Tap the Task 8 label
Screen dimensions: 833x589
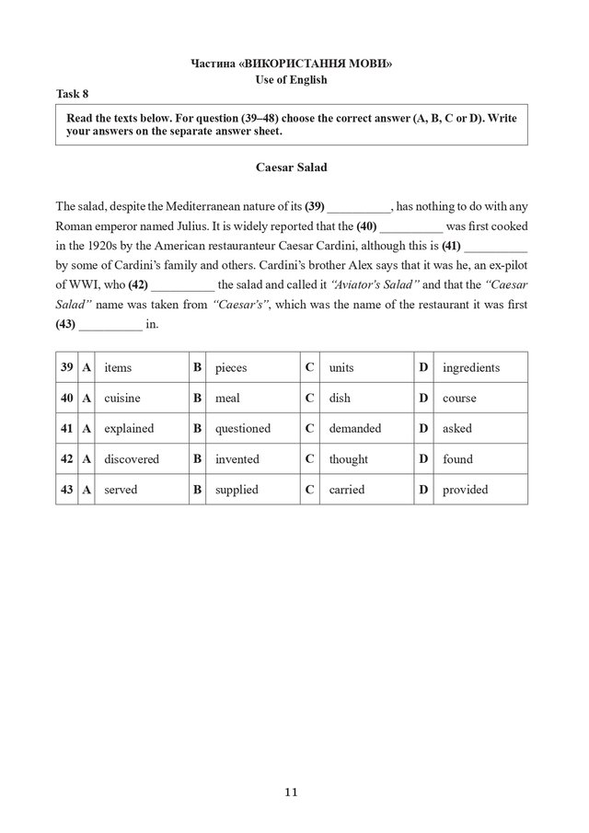point(73,94)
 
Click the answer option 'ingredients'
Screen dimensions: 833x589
point(470,367)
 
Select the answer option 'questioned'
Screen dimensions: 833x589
point(243,428)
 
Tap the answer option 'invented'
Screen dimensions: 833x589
point(237,458)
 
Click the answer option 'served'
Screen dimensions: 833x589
point(121,490)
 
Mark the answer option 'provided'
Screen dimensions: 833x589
point(465,490)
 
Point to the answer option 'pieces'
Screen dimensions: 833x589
point(231,367)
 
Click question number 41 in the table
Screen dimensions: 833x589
point(66,428)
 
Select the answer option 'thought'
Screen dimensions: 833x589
point(348,458)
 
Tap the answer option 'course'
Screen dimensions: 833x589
point(459,398)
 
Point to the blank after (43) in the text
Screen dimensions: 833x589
point(110,326)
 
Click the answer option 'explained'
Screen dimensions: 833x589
point(129,428)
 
